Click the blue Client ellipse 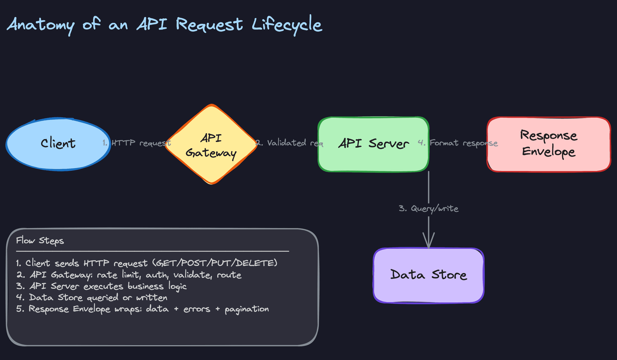click(x=58, y=144)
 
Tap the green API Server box click(x=373, y=144)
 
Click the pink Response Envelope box click(x=549, y=144)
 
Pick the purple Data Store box click(x=428, y=275)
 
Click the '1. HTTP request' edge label click(x=137, y=143)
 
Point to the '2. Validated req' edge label click(x=289, y=143)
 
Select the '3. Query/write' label click(x=428, y=209)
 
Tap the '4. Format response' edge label click(x=458, y=143)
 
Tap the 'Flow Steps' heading click(x=40, y=241)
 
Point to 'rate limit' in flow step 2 click(x=118, y=275)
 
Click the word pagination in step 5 click(x=246, y=309)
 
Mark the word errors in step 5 click(x=197, y=309)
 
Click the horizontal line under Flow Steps click(x=152, y=251)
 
